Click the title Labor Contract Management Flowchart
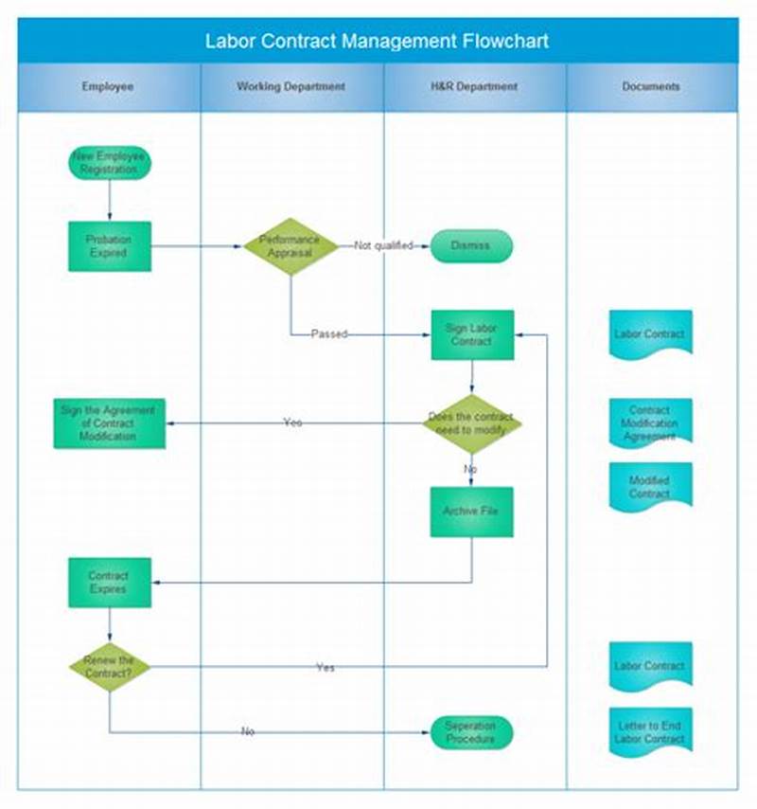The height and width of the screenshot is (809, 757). pyautogui.click(x=377, y=42)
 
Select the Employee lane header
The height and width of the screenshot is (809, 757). pyautogui.click(x=108, y=86)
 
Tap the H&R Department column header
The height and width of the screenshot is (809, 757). pyautogui.click(x=474, y=86)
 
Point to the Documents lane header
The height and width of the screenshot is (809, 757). pyautogui.click(x=651, y=86)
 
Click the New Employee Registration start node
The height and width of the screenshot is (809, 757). pyautogui.click(x=110, y=162)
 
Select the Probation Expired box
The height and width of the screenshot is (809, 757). pyautogui.click(x=110, y=246)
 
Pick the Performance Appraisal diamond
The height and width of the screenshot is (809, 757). pyautogui.click(x=290, y=246)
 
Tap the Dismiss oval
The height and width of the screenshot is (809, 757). pyautogui.click(x=471, y=245)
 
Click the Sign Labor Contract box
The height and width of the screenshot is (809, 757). pyautogui.click(x=472, y=334)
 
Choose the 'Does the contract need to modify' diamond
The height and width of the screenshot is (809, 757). pyautogui.click(x=472, y=423)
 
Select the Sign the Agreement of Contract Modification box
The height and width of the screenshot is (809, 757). pyautogui.click(x=109, y=423)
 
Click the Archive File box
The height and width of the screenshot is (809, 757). pyautogui.click(x=471, y=512)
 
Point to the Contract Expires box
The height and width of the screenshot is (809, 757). pyautogui.click(x=110, y=582)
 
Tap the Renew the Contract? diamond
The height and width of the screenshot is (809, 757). pyautogui.click(x=110, y=666)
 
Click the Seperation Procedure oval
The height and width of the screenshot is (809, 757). pyautogui.click(x=471, y=732)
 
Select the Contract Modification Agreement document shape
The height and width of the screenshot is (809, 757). pyautogui.click(x=650, y=422)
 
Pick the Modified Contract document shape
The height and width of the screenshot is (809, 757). pyautogui.click(x=650, y=487)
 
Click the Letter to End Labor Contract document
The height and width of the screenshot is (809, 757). pyautogui.click(x=650, y=731)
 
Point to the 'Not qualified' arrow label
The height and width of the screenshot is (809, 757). pyautogui.click(x=383, y=245)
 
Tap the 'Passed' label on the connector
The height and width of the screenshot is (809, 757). pyautogui.click(x=329, y=334)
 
